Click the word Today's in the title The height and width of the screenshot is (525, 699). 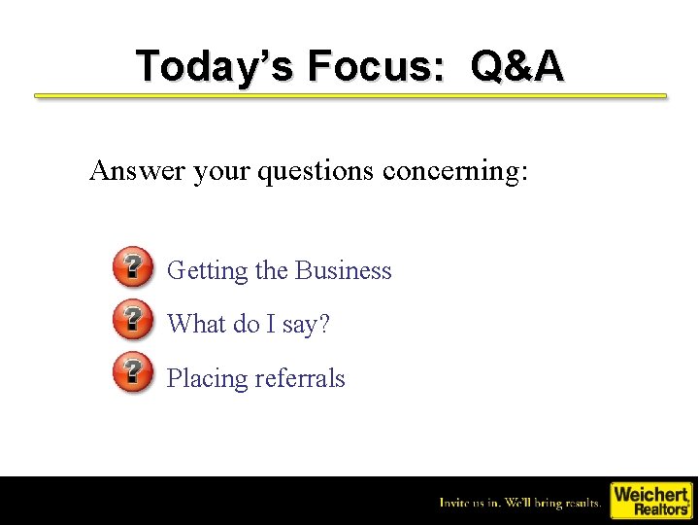pos(215,66)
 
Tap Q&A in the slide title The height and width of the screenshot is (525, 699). pos(516,66)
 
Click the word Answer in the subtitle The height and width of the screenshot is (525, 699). pos(137,171)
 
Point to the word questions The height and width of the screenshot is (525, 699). pos(316,171)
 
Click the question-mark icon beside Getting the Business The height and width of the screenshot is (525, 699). pos(132,266)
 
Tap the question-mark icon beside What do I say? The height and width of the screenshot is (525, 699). pos(132,320)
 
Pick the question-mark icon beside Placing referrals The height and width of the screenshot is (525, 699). pos(132,373)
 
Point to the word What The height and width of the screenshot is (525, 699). pos(196,324)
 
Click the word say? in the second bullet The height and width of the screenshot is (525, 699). pos(306,326)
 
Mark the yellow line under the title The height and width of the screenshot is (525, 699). pos(350,96)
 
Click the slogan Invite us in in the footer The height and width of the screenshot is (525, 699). pos(469,503)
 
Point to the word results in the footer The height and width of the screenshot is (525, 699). pos(580,503)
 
